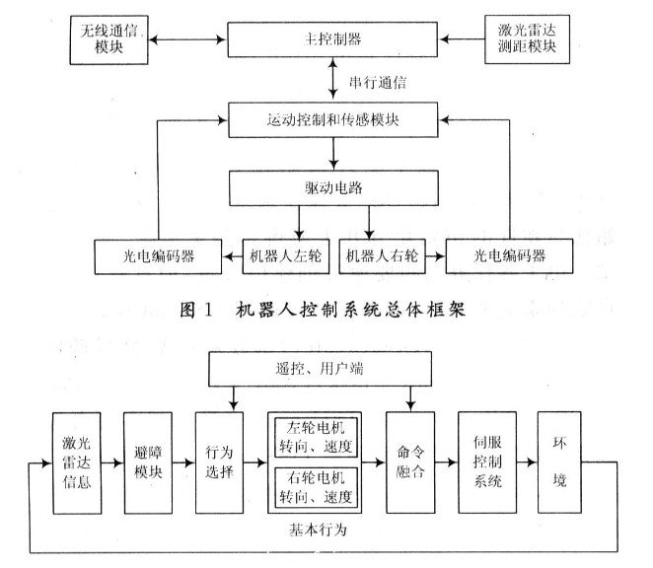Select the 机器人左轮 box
[286, 255]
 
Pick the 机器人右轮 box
[383, 255]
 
